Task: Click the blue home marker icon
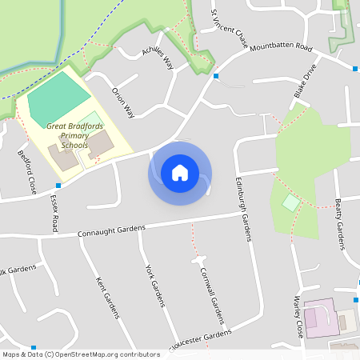(180, 172)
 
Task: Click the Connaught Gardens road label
(111, 231)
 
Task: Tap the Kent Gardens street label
(107, 298)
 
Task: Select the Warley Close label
(298, 317)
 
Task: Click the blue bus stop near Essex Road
(58, 185)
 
